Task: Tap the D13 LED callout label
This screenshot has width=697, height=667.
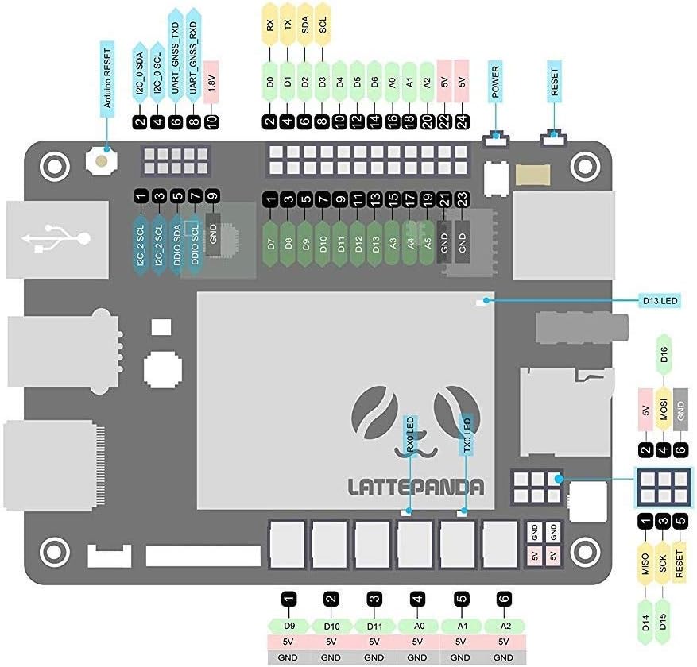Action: pos(659,300)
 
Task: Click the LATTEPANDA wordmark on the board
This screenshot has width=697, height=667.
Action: pos(416,487)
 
